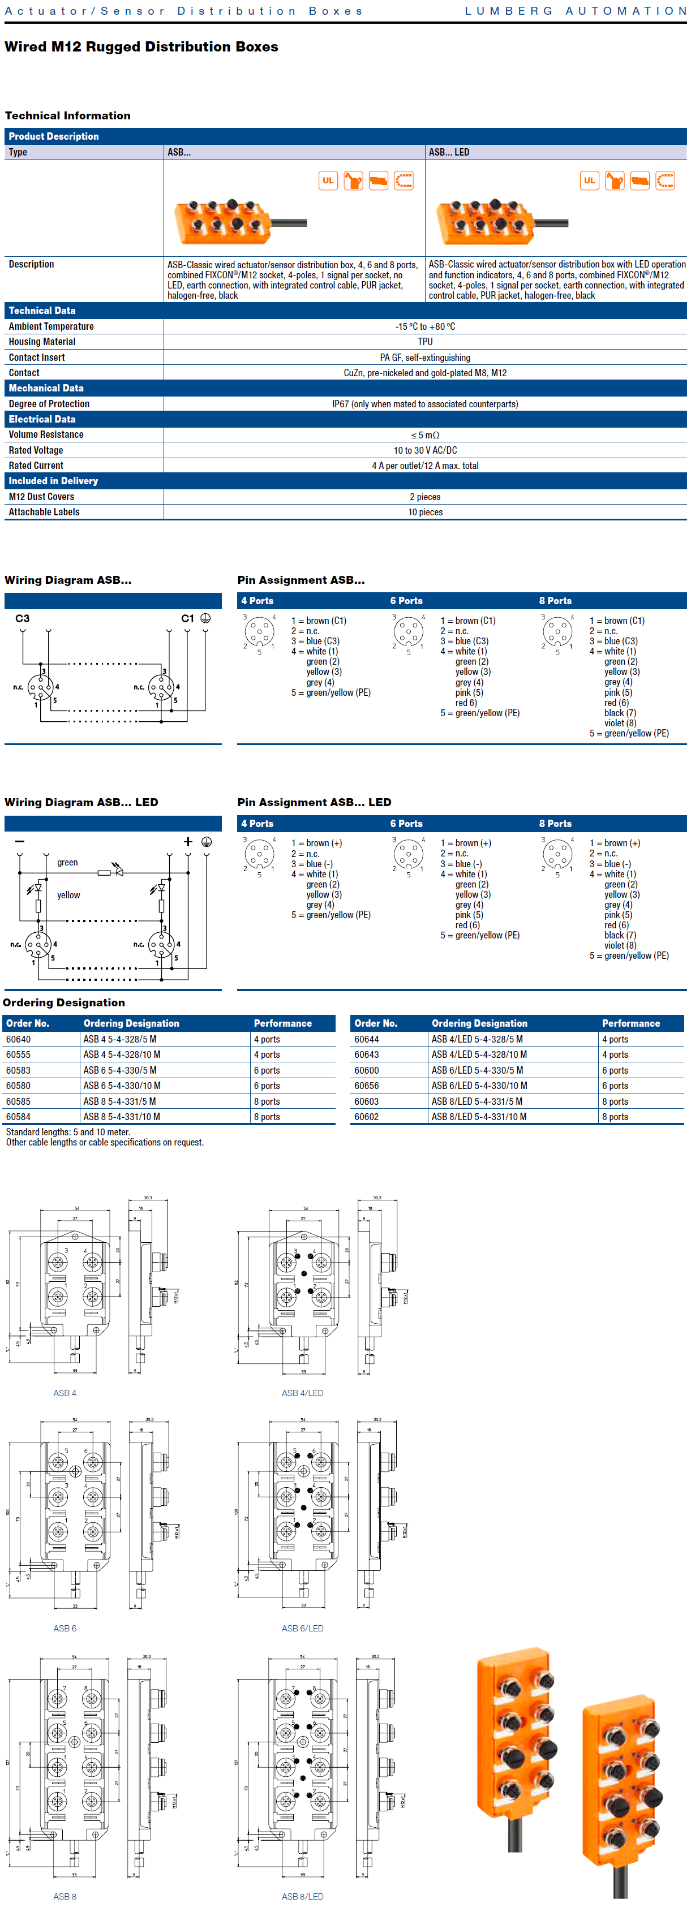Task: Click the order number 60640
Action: [x=19, y=1039]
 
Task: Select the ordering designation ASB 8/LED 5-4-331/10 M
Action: [x=479, y=1116]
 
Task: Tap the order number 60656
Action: [x=367, y=1085]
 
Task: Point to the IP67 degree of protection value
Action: [x=424, y=404]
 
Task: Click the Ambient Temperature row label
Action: [x=51, y=326]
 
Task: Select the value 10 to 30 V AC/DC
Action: [x=424, y=450]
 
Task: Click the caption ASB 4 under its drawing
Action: [x=65, y=1393]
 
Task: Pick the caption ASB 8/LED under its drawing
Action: [x=302, y=1896]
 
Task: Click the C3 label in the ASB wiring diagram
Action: [x=22, y=618]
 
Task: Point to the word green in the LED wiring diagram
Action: [x=67, y=863]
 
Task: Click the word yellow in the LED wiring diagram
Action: [x=68, y=895]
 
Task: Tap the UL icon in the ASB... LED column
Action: [x=589, y=180]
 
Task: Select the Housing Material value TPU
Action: [x=424, y=342]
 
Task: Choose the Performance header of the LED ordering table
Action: [x=630, y=1023]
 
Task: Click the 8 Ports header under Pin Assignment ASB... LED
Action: [x=555, y=823]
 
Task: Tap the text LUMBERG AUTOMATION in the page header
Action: [x=575, y=11]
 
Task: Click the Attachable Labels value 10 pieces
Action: [x=424, y=512]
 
